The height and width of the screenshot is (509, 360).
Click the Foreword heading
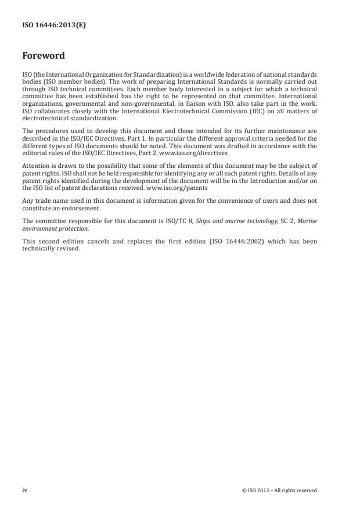click(43, 56)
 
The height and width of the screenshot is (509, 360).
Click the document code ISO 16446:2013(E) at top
click(54, 25)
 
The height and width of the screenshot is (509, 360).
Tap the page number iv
click(25, 490)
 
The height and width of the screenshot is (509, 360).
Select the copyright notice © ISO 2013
click(279, 490)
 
